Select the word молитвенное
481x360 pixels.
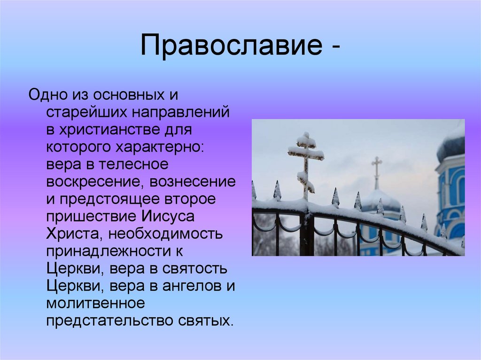point(95,303)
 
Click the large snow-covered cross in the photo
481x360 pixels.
point(306,162)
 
